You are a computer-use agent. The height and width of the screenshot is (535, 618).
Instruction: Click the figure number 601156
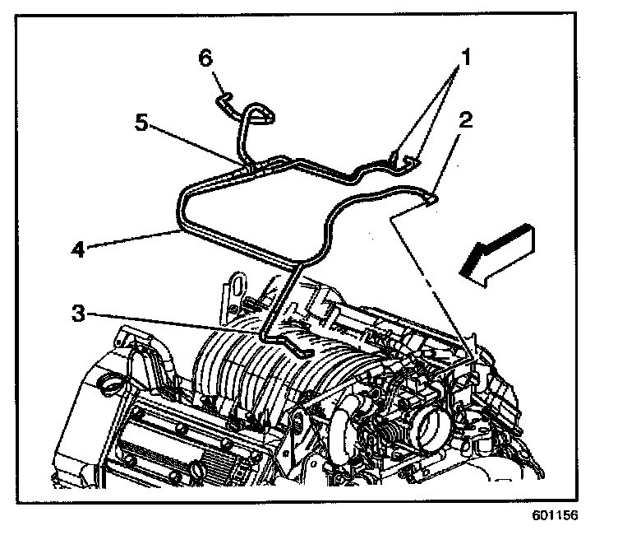556,518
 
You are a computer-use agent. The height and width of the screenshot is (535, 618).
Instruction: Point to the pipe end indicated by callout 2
430,197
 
